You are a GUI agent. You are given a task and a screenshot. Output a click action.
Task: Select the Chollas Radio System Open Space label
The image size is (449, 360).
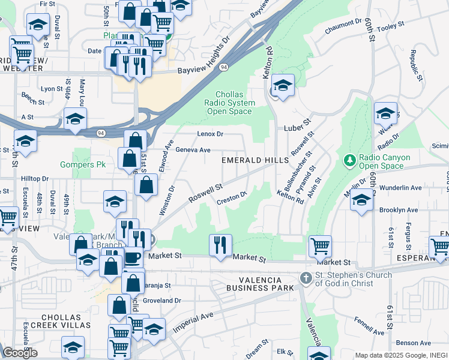230,103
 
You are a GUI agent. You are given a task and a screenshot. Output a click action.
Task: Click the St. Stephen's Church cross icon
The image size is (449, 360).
306,278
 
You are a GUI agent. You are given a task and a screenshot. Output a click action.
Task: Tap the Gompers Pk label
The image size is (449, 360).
83,164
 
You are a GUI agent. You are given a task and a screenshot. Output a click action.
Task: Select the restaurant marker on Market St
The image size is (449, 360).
220,245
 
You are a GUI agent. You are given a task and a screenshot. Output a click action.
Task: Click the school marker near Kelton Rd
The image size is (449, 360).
282,85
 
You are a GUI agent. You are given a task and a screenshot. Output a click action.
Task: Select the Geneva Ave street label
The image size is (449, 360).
193,150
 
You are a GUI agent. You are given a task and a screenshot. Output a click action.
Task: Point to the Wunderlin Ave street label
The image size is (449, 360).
401,188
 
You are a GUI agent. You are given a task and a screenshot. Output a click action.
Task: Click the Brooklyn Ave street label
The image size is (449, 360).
398,211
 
